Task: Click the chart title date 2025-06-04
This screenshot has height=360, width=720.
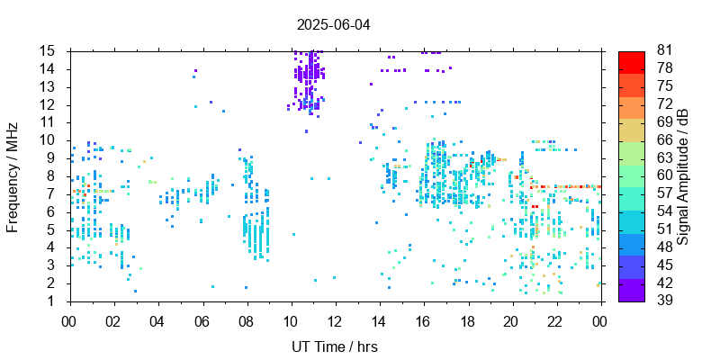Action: pos(334,24)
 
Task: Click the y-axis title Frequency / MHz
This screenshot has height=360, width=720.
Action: pos(13,175)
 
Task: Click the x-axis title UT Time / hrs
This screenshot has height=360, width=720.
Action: pos(334,347)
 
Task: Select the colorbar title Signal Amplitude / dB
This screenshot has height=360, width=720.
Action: pos(683,175)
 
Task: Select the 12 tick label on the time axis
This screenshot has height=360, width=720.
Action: pos(335,320)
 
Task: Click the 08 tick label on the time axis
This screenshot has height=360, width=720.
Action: pos(247,320)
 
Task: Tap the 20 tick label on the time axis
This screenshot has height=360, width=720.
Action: pos(511,320)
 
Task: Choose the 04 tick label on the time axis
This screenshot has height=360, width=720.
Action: pos(157,320)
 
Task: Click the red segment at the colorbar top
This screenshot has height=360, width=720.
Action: pos(632,61)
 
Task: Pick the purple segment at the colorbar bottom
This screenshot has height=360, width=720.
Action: pos(632,291)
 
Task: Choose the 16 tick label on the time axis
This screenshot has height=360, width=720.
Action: pos(423,320)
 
